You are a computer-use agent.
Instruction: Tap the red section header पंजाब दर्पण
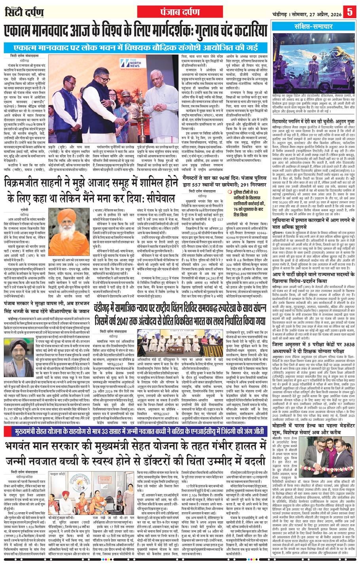[x=180, y=9]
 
